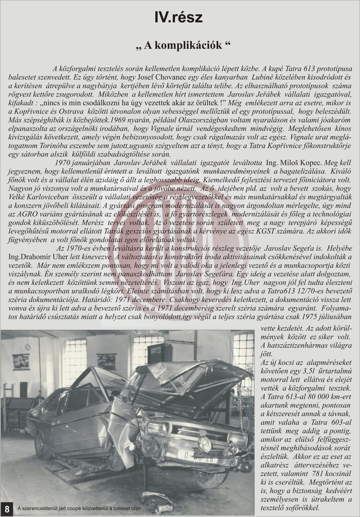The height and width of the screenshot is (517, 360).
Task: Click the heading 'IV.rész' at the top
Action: click(179, 17)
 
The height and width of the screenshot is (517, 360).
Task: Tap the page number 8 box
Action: click(7, 508)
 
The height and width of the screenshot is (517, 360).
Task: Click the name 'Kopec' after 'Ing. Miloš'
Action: click(311, 163)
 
